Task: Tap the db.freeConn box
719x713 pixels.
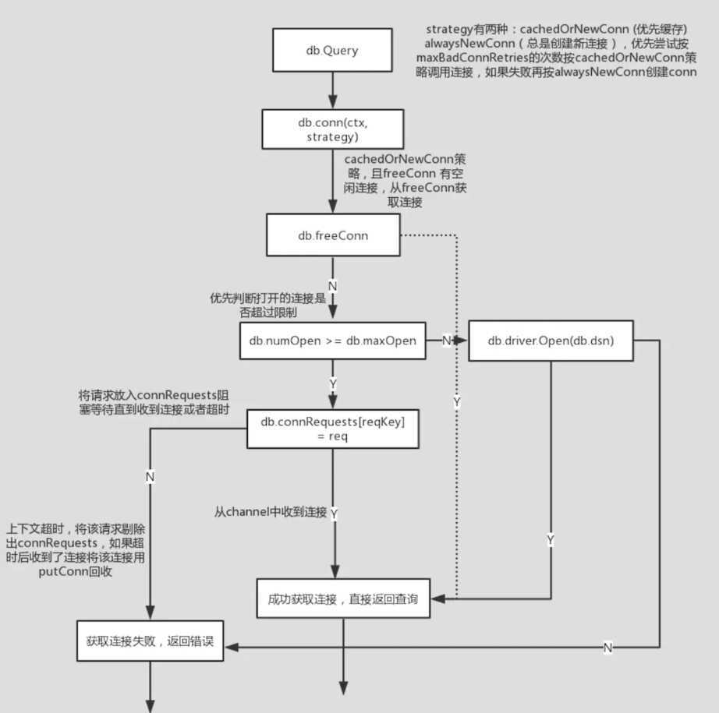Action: pyautogui.click(x=333, y=235)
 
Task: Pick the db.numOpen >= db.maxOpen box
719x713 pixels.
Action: pyautogui.click(x=333, y=341)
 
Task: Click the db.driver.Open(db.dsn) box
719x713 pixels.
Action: pyautogui.click(x=551, y=341)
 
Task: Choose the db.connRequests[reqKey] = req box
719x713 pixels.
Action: pyautogui.click(x=333, y=429)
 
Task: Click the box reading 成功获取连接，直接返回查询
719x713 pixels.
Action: pyautogui.click(x=343, y=598)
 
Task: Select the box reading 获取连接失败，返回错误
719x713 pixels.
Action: pyautogui.click(x=145, y=643)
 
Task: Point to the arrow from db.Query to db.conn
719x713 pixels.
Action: pyautogui.click(x=333, y=90)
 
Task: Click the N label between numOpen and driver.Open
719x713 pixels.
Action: pyautogui.click(x=447, y=341)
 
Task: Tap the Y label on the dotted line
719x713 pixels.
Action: pyautogui.click(x=456, y=403)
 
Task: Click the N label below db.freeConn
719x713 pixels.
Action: pyautogui.click(x=333, y=286)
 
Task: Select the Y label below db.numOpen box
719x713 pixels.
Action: pyautogui.click(x=333, y=385)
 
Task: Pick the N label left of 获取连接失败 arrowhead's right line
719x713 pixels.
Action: pyautogui.click(x=607, y=647)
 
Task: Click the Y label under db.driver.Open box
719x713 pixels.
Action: pyautogui.click(x=551, y=539)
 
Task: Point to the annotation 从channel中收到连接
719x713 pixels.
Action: pyautogui.click(x=271, y=512)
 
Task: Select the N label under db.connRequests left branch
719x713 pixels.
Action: pyautogui.click(x=150, y=475)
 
